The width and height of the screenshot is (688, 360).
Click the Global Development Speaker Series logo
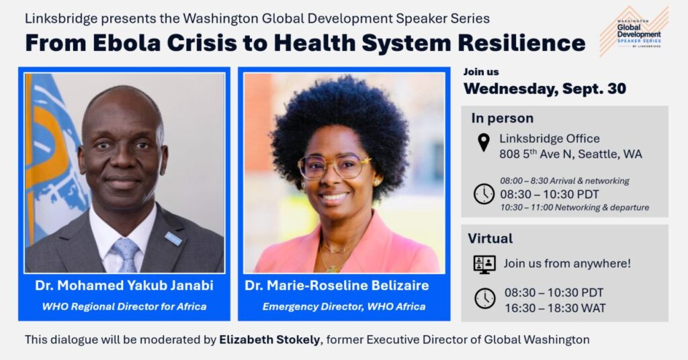point(634,32)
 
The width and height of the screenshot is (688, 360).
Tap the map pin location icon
point(484,142)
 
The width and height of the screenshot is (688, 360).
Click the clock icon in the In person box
point(484,194)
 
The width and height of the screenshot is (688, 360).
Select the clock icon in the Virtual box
point(485,298)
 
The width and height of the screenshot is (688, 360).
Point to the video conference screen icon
point(484,265)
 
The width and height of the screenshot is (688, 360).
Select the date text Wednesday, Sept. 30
point(544,89)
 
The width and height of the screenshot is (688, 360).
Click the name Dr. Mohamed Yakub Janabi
point(124,285)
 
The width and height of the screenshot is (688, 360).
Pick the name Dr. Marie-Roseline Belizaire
point(337,285)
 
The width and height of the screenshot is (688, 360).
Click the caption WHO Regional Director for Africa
point(124,306)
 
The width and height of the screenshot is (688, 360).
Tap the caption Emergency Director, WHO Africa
point(344,306)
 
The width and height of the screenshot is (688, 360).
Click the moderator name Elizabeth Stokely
point(269,340)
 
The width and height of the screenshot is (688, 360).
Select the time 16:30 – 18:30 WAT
point(555,308)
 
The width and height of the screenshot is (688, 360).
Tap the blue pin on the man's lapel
point(173,238)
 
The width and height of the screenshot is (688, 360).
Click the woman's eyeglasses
point(335,167)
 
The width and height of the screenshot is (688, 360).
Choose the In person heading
point(503,118)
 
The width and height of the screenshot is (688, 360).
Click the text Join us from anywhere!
point(567,263)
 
